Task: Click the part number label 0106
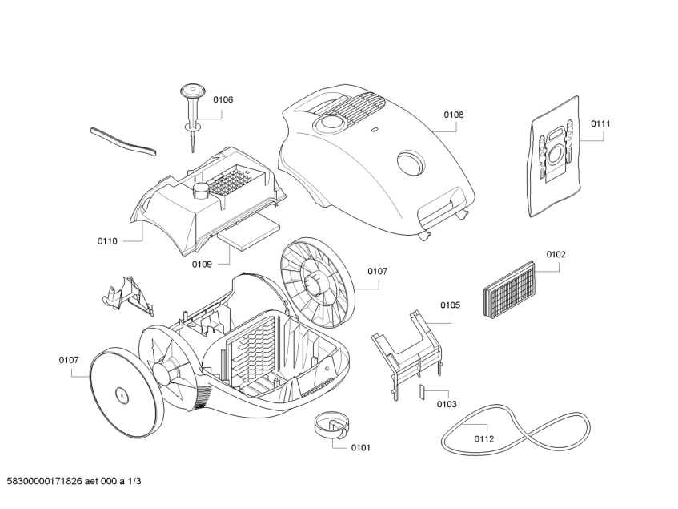tap(223, 99)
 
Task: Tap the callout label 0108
tap(453, 115)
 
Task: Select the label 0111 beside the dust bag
tap(600, 123)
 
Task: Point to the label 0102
tap(556, 254)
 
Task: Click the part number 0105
tap(451, 305)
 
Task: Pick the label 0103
tap(447, 404)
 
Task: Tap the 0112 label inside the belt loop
tap(483, 438)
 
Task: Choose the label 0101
tap(360, 447)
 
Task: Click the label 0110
tap(107, 240)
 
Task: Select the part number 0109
tap(202, 263)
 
